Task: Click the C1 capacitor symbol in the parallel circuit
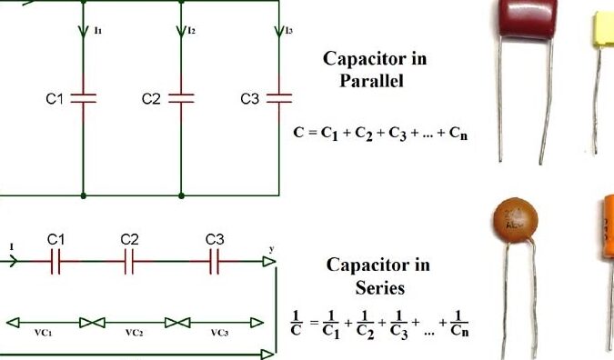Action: coord(84,97)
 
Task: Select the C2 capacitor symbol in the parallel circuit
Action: coord(181,97)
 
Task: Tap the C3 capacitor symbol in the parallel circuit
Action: coord(278,97)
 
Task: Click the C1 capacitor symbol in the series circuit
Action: coord(56,262)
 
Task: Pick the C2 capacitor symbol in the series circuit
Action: coord(129,262)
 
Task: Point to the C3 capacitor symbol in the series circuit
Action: coord(216,262)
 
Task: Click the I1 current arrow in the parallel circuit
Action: coord(84,34)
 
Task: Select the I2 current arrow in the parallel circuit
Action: coord(181,34)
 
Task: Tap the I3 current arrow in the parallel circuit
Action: coord(278,34)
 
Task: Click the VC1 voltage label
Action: coord(43,333)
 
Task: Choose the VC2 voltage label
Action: coord(134,333)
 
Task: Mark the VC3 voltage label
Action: coord(219,333)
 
